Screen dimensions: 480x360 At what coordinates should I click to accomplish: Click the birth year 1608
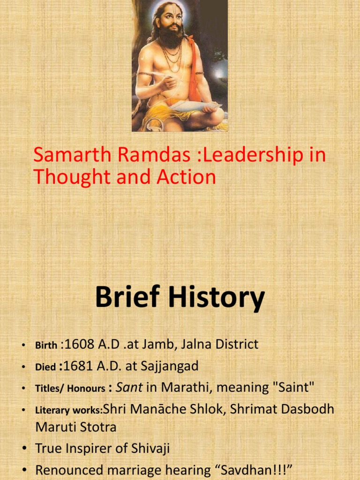click(x=79, y=345)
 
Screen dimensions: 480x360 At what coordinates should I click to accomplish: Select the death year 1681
click(x=79, y=366)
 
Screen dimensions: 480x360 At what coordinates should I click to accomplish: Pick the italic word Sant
click(x=129, y=388)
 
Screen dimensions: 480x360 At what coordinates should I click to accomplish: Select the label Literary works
click(x=68, y=411)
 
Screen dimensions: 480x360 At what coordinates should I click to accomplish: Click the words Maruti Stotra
click(x=76, y=427)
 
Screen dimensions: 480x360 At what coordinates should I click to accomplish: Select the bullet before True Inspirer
click(x=22, y=449)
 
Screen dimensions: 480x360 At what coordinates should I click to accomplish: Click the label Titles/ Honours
click(x=70, y=389)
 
